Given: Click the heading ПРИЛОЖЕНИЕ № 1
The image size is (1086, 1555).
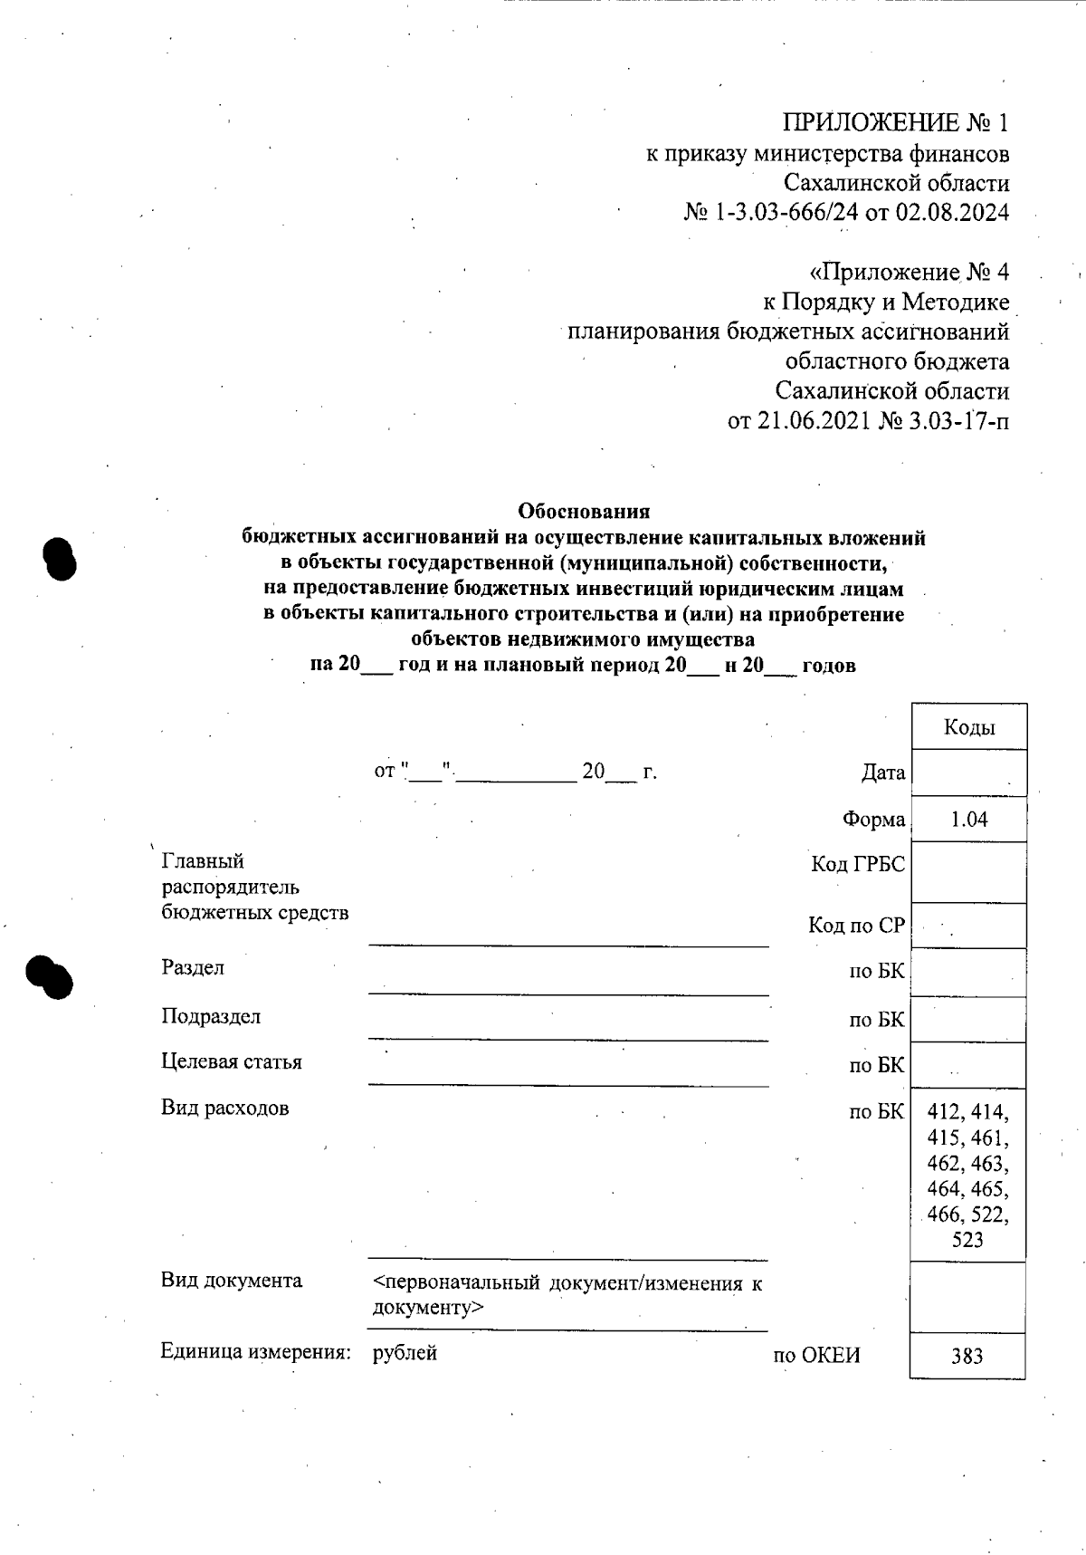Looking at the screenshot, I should coord(895,123).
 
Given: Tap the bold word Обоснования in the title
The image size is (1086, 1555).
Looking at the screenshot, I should coord(584,512).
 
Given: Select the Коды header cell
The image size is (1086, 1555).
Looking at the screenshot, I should coord(969,727).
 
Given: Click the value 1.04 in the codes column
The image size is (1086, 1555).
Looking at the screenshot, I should coord(969,820).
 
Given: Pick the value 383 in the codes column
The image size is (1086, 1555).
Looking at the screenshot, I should coord(967,1357).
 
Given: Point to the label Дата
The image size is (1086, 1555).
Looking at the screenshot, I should coord(882,773).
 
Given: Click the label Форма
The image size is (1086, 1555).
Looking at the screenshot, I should coord(873,820).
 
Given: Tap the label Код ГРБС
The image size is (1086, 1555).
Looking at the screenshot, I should coord(858,865).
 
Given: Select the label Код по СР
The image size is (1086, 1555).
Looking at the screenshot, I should coord(856,926).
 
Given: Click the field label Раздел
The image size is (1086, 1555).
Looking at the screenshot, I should coord(193,968).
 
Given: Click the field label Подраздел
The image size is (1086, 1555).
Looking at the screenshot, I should coord(211,1017).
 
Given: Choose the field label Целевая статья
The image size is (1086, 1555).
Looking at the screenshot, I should coord(232,1062).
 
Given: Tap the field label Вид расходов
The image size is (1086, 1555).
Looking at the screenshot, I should coord(225,1108).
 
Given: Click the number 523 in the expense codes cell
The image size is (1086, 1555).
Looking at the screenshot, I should coord(967,1240).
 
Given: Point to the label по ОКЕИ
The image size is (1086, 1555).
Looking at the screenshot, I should coord(816,1356).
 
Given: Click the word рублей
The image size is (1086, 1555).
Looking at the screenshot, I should coord(405,1353).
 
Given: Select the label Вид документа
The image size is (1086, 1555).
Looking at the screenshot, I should coord(232,1281).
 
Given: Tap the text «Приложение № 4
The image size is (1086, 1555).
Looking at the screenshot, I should coord(908,273).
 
